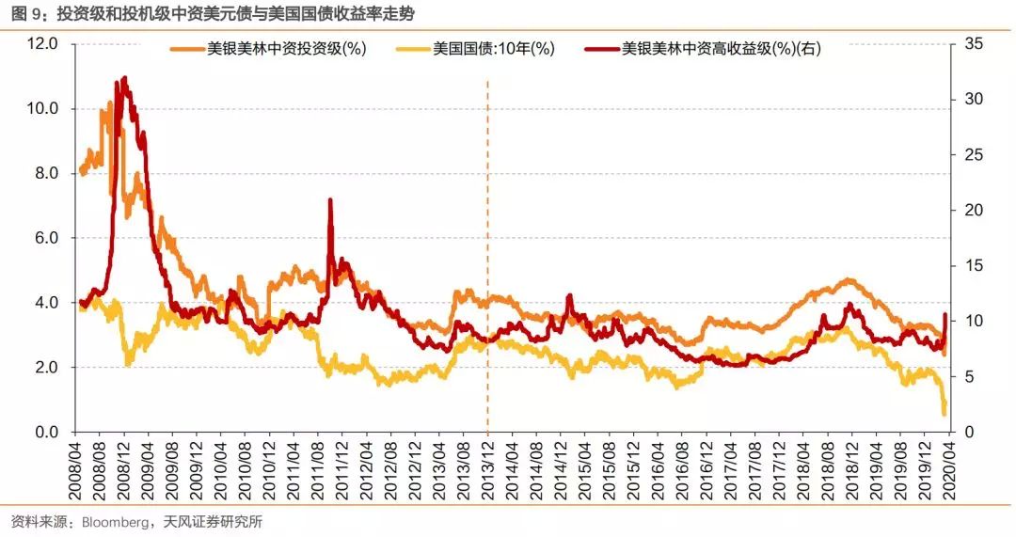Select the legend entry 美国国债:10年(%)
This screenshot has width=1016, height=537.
(493, 50)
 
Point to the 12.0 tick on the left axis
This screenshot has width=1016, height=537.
(43, 44)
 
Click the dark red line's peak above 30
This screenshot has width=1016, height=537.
(125, 79)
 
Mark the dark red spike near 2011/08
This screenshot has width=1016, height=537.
(330, 200)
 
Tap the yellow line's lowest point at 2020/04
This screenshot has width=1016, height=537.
(944, 413)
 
